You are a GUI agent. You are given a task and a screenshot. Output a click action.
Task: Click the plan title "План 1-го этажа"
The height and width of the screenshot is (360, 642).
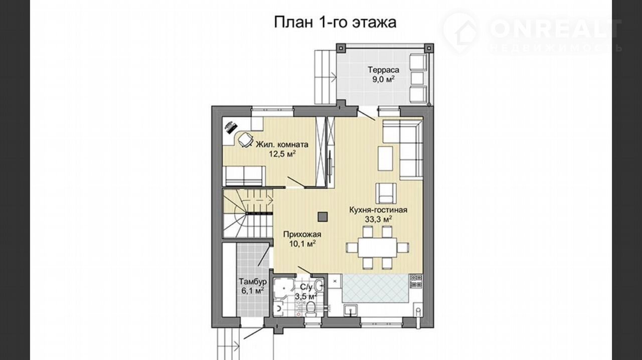[335, 23]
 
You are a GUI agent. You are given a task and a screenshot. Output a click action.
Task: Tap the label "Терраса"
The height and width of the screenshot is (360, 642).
[384, 70]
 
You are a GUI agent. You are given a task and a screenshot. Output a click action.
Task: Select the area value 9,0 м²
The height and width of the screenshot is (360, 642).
[383, 79]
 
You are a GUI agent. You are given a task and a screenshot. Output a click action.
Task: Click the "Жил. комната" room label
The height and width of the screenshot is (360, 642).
[282, 144]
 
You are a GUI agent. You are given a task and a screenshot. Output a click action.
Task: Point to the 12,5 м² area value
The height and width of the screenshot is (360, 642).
[282, 154]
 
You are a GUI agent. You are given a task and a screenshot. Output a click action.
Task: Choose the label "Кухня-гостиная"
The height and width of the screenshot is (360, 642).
[378, 210]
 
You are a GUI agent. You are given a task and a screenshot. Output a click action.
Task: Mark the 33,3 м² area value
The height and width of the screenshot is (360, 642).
[378, 220]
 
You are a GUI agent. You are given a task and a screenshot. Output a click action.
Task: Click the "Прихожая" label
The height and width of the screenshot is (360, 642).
[302, 234]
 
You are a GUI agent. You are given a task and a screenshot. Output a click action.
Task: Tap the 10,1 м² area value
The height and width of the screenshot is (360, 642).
[302, 244]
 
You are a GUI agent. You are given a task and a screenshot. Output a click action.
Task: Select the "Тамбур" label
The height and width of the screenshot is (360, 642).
[253, 281]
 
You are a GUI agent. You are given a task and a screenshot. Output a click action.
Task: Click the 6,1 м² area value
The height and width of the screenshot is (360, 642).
[252, 291]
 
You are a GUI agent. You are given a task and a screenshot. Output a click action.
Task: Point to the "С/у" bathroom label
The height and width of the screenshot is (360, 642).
[306, 287]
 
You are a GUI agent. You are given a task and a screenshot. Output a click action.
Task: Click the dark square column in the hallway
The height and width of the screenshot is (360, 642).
[323, 217]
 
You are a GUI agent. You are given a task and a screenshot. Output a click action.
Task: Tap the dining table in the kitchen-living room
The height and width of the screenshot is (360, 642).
[377, 247]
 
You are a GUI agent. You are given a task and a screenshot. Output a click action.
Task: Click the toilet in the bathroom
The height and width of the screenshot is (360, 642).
[310, 309]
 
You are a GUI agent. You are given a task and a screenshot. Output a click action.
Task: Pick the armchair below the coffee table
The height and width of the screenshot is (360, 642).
[386, 193]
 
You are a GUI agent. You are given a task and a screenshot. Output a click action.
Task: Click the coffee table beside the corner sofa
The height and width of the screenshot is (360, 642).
[385, 158]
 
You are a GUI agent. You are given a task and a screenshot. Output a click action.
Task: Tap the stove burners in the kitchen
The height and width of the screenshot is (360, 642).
[416, 281]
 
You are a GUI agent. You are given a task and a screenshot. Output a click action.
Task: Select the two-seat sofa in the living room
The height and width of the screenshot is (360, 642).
[244, 176]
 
